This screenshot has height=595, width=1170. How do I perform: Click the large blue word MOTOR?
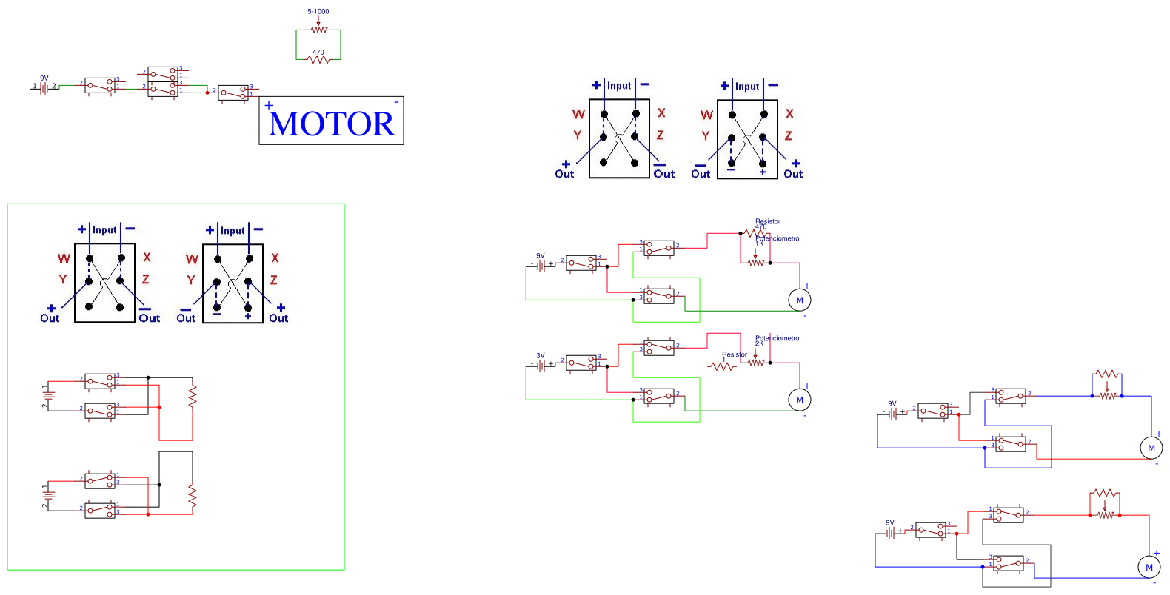[x=332, y=124]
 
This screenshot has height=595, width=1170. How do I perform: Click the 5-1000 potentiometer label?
[x=318, y=12]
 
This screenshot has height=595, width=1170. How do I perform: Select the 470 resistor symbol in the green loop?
[x=318, y=59]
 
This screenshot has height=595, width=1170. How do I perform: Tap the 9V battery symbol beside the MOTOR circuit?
[x=44, y=87]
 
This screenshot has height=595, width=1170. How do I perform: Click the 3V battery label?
[x=541, y=356]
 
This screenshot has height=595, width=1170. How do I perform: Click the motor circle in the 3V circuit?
[x=800, y=400]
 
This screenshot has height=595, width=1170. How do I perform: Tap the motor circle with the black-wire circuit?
[x=1149, y=568]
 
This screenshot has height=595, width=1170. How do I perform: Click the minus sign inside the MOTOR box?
[x=396, y=102]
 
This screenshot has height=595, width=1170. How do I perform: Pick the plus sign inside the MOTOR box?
[x=269, y=106]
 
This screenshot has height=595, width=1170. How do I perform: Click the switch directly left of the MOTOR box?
[x=234, y=93]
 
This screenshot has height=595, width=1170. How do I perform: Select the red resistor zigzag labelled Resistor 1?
[x=722, y=366]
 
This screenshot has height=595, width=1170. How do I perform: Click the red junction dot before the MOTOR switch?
[x=207, y=93]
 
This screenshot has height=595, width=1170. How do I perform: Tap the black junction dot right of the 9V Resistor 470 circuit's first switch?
[x=607, y=266]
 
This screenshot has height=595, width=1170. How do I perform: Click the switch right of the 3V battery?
[x=581, y=363]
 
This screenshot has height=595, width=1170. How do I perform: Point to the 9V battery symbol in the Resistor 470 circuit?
[x=541, y=265]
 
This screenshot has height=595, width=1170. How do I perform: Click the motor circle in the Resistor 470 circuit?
[x=800, y=300]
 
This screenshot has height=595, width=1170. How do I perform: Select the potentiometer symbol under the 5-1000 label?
[x=319, y=30]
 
